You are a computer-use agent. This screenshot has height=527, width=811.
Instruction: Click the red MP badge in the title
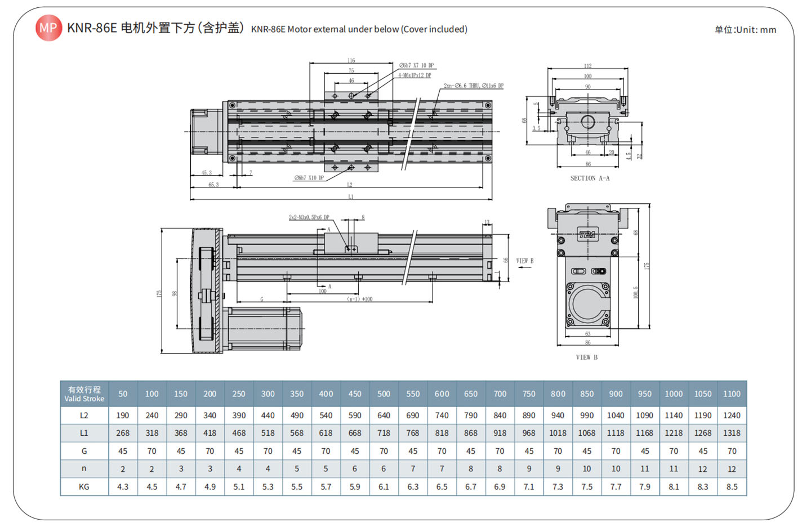pos(48,28)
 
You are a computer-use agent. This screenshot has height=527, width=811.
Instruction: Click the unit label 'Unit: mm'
pos(745,30)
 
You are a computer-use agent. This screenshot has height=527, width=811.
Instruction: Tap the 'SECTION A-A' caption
pos(590,178)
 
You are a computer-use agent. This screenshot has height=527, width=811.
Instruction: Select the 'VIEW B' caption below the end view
pos(586,358)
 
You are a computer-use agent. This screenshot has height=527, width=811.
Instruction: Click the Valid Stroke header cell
pos(84,394)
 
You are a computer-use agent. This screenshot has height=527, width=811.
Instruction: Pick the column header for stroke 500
pos(384,394)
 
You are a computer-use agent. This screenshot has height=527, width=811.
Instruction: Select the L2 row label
pos(84,416)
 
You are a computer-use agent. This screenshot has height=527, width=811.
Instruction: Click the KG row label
pos(84,487)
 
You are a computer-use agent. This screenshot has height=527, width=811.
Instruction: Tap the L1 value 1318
pos(732,433)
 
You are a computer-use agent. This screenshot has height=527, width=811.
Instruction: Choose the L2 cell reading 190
pos(123,416)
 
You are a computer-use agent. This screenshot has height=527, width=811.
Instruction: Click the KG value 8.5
pos(732,487)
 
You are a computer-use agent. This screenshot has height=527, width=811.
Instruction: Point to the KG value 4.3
pos(123,487)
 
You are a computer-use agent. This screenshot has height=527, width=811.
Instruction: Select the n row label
pos(84,468)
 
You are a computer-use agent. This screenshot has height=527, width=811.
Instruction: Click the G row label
pos(84,451)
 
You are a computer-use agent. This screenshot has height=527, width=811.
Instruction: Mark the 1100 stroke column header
pos(732,394)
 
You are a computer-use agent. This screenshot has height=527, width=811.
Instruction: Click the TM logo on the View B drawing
pos(587,235)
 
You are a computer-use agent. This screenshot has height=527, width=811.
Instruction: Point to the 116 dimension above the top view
pos(351,60)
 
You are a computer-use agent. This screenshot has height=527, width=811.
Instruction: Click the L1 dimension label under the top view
pos(350,197)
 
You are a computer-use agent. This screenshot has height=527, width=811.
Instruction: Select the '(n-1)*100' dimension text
pos(359,299)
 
